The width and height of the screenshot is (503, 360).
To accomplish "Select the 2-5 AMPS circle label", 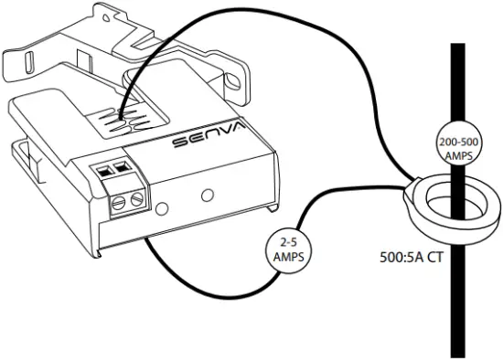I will [x=285, y=249].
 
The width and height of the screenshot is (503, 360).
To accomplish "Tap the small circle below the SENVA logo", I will [x=209, y=195].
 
